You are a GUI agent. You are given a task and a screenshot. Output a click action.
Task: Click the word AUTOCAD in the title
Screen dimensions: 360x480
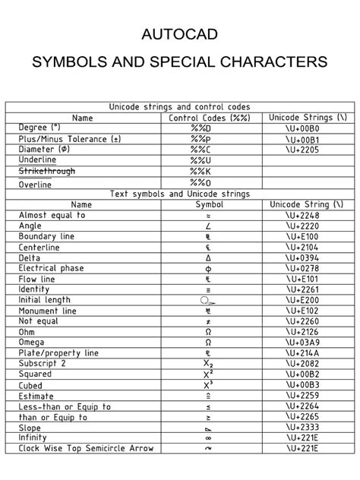coord(180,35)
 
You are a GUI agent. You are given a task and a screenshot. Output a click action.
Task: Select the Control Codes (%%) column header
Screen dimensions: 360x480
coord(209,118)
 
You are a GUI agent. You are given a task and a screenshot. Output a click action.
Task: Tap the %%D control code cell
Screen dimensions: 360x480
coord(209,128)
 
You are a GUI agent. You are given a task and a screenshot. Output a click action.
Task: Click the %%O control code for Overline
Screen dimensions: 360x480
coord(209,183)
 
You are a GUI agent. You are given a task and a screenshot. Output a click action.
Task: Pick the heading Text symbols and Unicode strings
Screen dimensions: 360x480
coord(179,194)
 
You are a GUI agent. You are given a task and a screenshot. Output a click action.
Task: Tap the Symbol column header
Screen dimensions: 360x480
coord(209,204)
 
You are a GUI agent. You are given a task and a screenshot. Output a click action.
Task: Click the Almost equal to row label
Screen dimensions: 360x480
coord(52,215)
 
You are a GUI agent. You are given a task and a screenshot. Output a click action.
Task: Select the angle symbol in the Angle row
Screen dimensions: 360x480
coord(209,226)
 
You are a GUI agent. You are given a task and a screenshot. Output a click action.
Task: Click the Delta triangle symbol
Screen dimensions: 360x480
coord(209,257)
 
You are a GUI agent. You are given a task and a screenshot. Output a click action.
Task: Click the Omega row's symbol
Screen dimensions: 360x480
coord(209,342)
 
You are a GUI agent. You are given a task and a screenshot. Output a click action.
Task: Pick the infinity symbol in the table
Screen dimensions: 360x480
coord(209,437)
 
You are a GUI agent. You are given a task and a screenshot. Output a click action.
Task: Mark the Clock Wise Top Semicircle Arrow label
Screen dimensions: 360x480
coord(86,448)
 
